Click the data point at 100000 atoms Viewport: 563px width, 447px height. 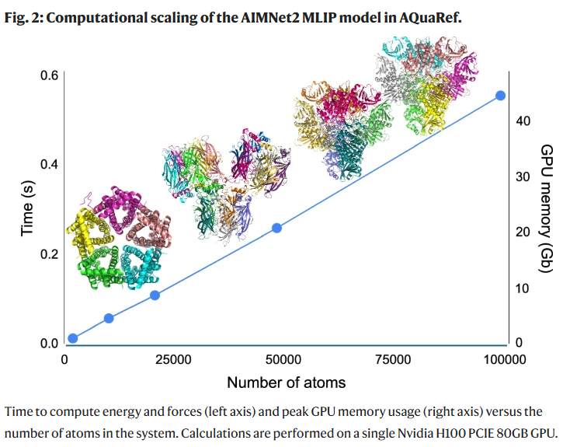[x=501, y=96]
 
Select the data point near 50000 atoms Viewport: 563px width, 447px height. [x=276, y=228]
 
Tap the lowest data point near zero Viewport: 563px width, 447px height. [x=73, y=338]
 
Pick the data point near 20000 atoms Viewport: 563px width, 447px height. [x=155, y=295]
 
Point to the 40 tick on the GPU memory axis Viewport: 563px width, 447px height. [x=523, y=121]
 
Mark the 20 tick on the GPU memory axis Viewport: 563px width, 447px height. [x=523, y=232]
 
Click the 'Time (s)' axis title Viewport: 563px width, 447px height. [x=27, y=209]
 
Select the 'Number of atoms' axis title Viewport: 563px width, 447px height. [x=287, y=382]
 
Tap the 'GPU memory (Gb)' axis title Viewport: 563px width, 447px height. [x=546, y=208]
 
